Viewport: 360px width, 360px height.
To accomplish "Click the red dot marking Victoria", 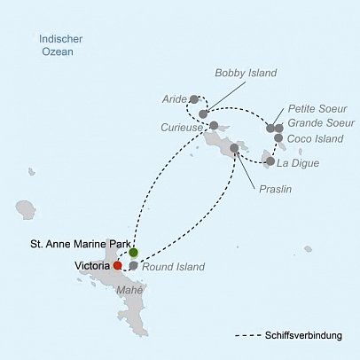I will coord(118,264).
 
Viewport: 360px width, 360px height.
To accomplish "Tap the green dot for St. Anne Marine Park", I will coord(133,254).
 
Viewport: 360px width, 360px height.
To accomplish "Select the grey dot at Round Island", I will coord(133,265).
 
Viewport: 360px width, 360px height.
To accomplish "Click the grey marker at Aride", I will coord(194,99).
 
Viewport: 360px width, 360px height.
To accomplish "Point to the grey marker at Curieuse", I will coord(214,126).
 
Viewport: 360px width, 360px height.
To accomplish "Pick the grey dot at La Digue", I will coord(270,162).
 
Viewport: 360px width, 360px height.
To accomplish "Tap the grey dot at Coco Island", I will coord(278,138).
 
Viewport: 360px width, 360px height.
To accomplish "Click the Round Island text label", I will coord(175,266).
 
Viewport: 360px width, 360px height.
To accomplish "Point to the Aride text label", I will coord(174,99).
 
